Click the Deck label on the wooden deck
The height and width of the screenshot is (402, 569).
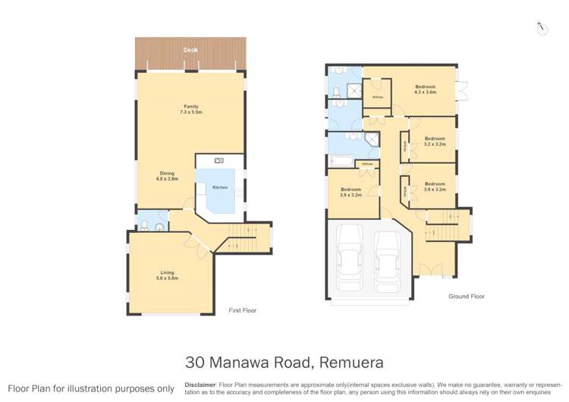click(x=190, y=51)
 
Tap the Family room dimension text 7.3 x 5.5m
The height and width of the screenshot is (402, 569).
click(x=190, y=111)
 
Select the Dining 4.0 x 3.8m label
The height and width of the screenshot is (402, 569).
click(x=167, y=179)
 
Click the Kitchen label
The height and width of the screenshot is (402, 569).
click(x=220, y=187)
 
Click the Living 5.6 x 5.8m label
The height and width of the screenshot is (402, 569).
click(x=167, y=276)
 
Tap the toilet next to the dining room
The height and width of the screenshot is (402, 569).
click(x=145, y=225)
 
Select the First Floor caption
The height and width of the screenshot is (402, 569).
click(x=243, y=310)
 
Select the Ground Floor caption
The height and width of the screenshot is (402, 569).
click(x=467, y=297)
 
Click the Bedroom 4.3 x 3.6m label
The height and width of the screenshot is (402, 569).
click(x=425, y=90)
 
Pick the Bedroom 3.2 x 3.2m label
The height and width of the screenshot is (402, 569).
click(x=434, y=141)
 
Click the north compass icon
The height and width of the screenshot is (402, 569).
click(x=542, y=28)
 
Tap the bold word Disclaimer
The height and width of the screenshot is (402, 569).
click(x=200, y=385)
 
